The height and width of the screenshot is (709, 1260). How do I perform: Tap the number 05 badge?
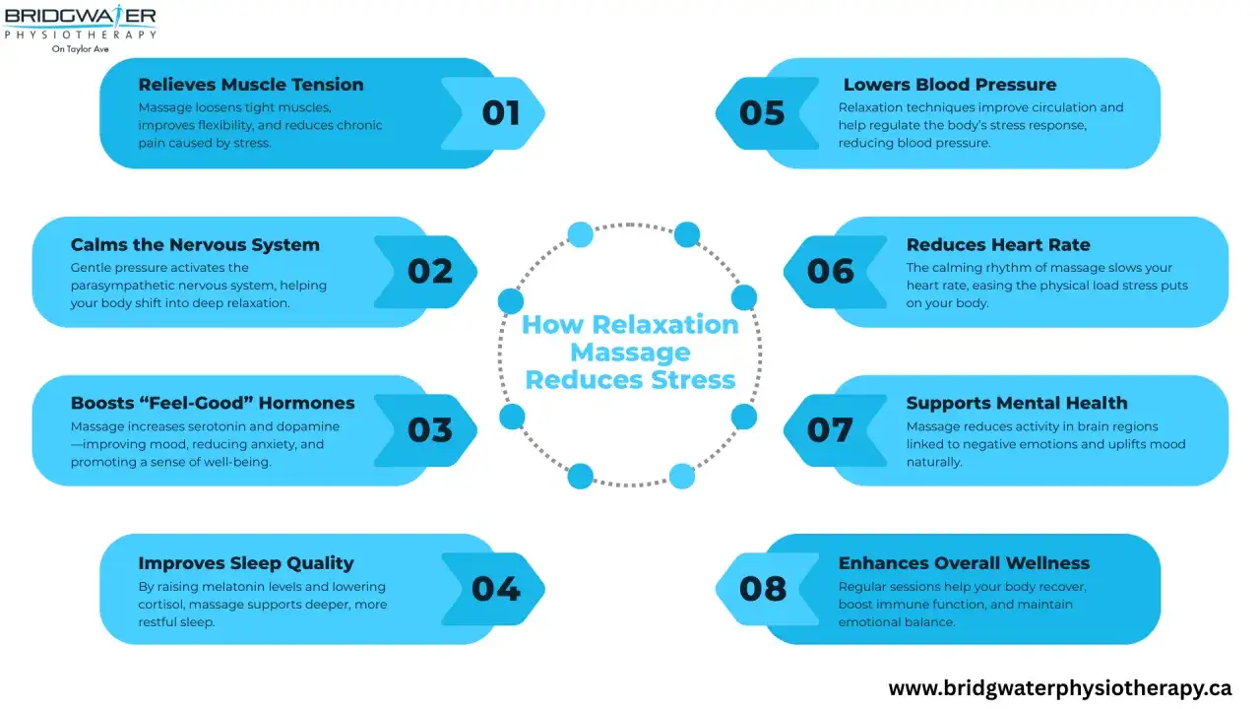(x=767, y=113)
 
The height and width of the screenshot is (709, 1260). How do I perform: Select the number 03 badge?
(x=426, y=430)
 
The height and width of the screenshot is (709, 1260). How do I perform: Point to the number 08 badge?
(x=767, y=589)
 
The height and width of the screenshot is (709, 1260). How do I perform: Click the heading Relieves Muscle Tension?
(x=251, y=85)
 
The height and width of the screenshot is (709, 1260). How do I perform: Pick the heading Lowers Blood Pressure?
(x=950, y=85)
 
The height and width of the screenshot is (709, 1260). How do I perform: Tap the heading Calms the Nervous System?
(x=195, y=245)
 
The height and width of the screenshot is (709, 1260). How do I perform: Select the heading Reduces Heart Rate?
(x=998, y=245)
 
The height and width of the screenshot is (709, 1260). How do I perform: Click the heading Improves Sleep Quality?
(x=246, y=563)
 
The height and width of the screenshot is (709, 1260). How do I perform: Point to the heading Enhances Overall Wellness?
(x=964, y=563)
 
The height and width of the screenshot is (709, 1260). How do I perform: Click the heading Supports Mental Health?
(x=1017, y=403)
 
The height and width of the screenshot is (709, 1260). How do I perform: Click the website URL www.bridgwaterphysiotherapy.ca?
(x=1060, y=688)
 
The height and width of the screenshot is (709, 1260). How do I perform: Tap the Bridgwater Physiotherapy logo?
(x=80, y=29)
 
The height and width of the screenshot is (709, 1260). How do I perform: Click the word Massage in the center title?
(x=630, y=353)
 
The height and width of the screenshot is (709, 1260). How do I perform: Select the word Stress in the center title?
(x=693, y=380)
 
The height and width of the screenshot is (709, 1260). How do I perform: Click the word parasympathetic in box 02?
(x=145, y=286)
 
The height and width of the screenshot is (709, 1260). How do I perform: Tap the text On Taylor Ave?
(x=80, y=49)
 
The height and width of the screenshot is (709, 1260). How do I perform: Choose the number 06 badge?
(x=835, y=272)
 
